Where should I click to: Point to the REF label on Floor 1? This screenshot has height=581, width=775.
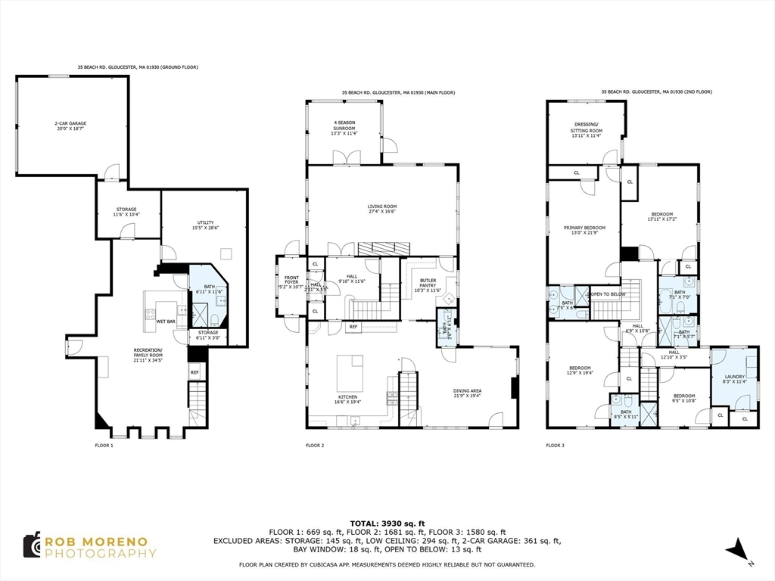(x=195, y=372)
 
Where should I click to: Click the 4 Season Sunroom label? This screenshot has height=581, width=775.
(x=344, y=126)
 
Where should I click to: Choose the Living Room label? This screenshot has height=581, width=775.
(x=382, y=209)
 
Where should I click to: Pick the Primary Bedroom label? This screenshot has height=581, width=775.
(x=584, y=230)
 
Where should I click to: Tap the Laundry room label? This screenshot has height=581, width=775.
(x=734, y=379)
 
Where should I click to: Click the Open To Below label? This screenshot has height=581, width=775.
(x=608, y=294)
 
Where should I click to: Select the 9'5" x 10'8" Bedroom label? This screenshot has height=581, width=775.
(x=684, y=398)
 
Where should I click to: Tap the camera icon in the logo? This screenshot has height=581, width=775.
(x=31, y=545)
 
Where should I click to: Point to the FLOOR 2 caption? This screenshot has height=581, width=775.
(x=315, y=446)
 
